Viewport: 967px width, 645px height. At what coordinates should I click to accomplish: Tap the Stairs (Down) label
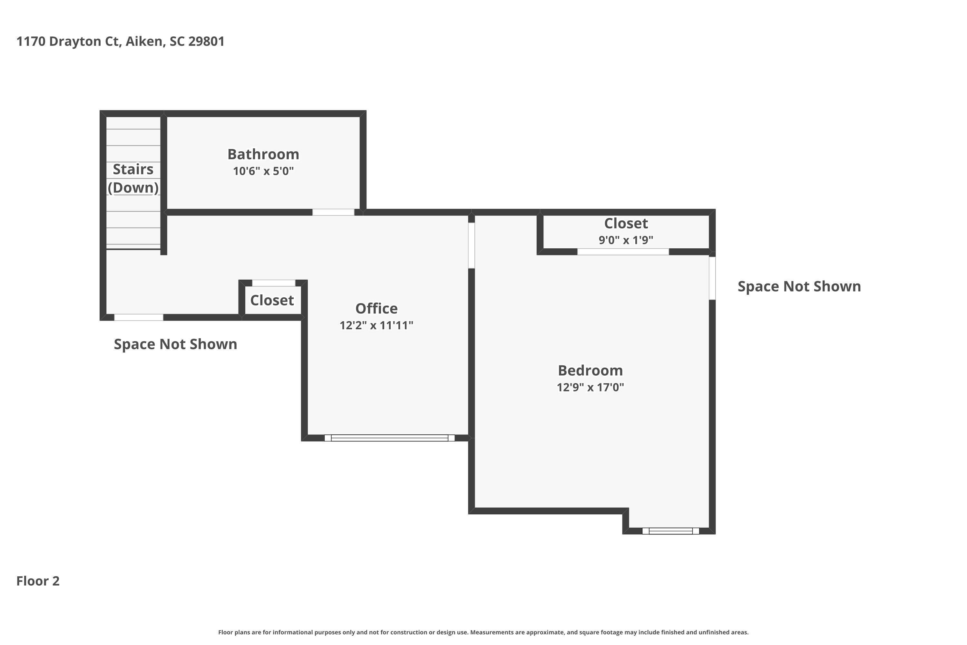133,178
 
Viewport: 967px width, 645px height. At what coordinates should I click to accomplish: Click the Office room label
376,309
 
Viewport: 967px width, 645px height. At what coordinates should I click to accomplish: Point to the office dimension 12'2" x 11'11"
376,325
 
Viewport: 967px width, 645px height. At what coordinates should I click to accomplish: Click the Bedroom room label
591,371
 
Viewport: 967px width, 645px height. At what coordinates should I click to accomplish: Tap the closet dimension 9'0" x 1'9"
626,240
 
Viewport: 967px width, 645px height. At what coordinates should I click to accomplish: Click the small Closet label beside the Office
272,300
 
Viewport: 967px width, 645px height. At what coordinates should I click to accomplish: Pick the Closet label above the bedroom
626,223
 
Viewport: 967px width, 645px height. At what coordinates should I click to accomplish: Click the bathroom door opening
333,212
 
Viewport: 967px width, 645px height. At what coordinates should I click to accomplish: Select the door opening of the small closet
273,283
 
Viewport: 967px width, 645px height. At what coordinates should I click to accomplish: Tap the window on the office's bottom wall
389,438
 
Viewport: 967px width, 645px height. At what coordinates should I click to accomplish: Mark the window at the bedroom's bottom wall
670,531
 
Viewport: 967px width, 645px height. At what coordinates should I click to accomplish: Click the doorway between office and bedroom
472,245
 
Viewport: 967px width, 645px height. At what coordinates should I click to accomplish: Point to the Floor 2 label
38,581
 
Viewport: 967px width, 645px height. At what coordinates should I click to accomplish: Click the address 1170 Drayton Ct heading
121,41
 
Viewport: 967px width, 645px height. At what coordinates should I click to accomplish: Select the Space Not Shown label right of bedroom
799,286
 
